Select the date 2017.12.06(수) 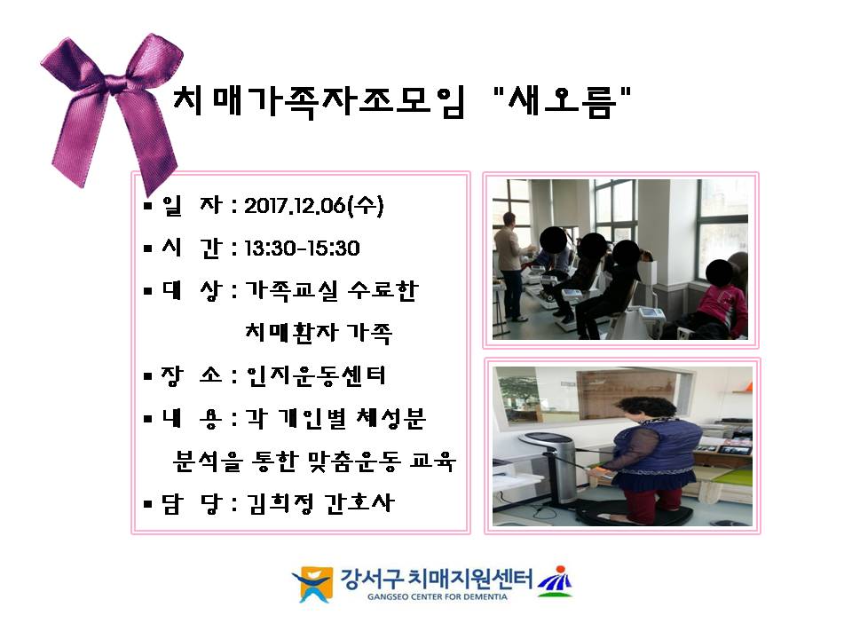[x=313, y=206]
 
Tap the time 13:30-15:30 [x=302, y=248]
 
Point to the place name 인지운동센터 [x=316, y=375]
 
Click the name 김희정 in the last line [x=280, y=504]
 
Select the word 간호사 [x=359, y=504]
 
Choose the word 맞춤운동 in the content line [x=354, y=461]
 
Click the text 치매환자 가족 [x=319, y=333]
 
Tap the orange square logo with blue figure [x=312, y=584]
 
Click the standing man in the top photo [x=511, y=266]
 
